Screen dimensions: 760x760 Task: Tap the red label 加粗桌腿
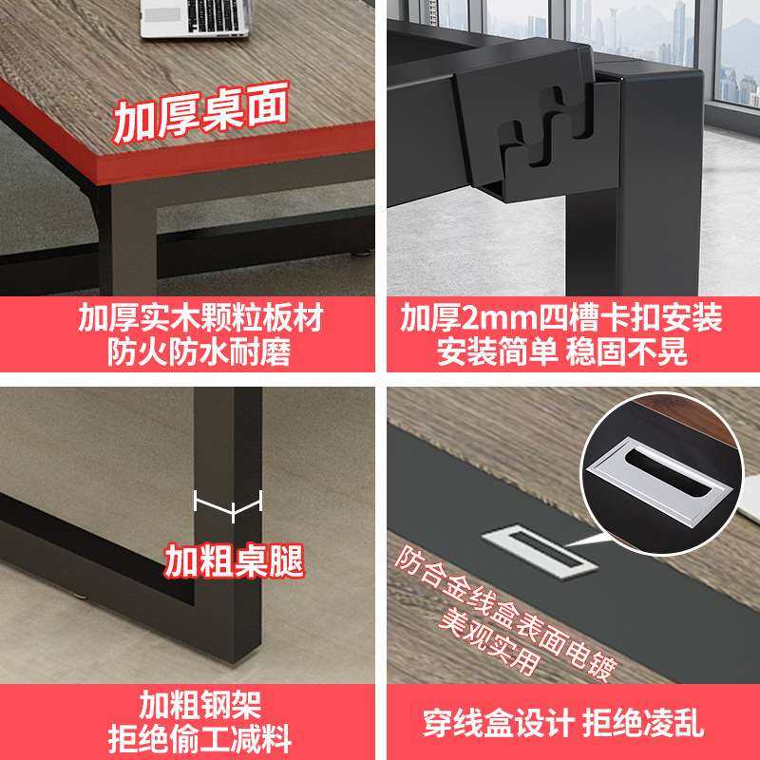(234, 560)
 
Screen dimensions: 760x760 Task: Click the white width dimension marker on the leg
(228, 506)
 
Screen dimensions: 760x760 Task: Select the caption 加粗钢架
(187, 705)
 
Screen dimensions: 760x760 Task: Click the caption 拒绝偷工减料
(187, 738)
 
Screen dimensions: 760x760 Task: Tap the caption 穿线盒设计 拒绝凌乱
(562, 724)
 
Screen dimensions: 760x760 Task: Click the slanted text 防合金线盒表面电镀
(508, 608)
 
